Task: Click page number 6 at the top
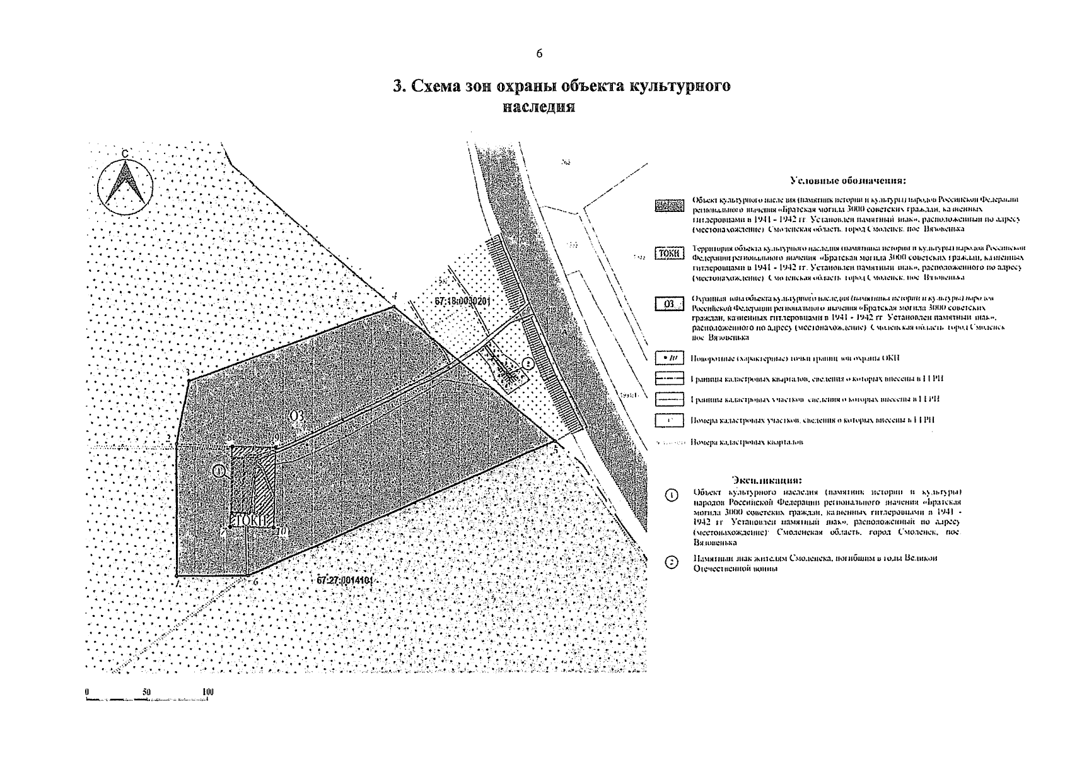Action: tap(539, 54)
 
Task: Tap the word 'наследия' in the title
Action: tap(538, 106)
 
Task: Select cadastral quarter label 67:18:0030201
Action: tap(462, 302)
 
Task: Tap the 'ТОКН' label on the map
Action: tap(252, 520)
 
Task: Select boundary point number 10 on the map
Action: tap(282, 531)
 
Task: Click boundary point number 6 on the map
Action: tap(256, 581)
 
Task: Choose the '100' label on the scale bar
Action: tap(207, 692)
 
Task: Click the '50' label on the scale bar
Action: tap(146, 692)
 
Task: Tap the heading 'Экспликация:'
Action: tap(767, 479)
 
